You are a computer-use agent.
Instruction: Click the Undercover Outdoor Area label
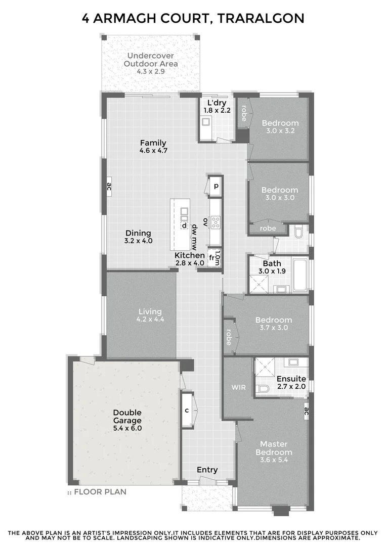tap(151, 64)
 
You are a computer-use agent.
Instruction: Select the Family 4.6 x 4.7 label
tap(153, 147)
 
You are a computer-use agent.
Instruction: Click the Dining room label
tap(138, 237)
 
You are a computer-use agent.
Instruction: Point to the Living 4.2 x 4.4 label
tap(150, 315)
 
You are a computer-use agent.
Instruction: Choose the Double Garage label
tap(127, 420)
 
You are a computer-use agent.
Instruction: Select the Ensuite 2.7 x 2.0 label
tap(291, 382)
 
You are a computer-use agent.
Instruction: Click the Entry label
tap(207, 470)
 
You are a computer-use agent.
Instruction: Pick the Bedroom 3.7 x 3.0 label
tap(273, 324)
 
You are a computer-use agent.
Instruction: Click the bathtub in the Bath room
tap(299, 275)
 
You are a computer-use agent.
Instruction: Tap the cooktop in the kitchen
tap(216, 221)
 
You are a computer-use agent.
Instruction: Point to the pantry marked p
tap(216, 186)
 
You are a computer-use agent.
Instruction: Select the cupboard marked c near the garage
tap(187, 410)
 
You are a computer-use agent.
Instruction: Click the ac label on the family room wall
tap(108, 187)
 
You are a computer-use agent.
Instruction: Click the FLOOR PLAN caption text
tap(100, 491)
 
